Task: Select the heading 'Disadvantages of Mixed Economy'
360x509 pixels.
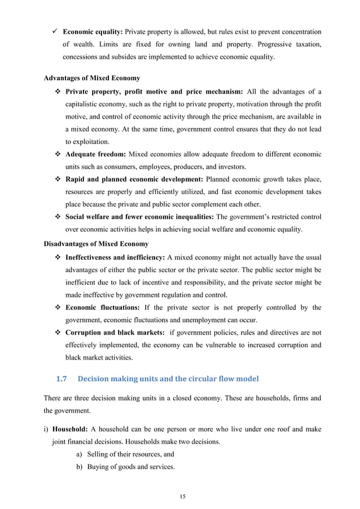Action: click(x=96, y=244)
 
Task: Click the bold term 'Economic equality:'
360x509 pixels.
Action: click(x=93, y=32)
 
